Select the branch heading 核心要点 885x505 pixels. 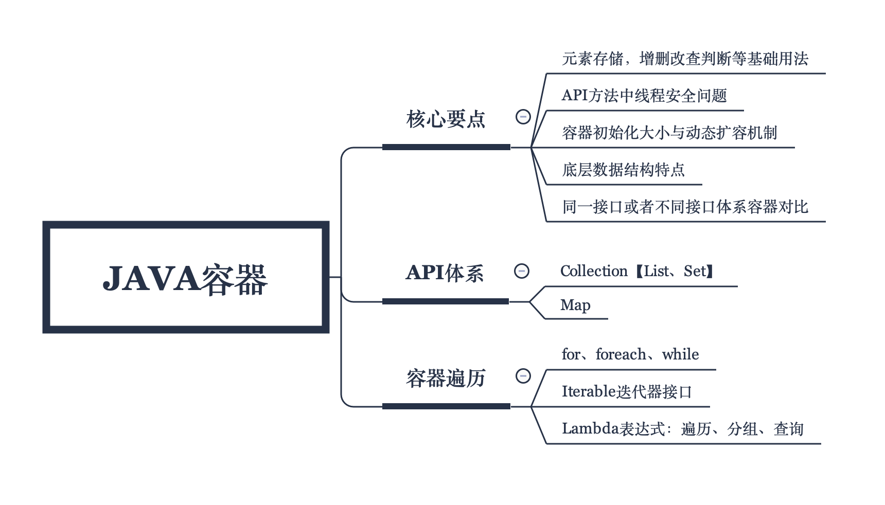click(x=446, y=119)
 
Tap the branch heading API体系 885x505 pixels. click(x=445, y=273)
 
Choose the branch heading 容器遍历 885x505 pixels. click(x=446, y=378)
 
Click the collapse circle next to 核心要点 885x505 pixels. click(x=523, y=117)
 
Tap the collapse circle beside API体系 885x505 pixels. click(x=522, y=271)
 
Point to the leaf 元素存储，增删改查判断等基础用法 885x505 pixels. click(x=685, y=59)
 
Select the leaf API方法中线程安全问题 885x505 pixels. click(x=644, y=96)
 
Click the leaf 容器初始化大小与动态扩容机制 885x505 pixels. click(x=669, y=133)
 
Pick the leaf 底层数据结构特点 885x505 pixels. click(x=623, y=170)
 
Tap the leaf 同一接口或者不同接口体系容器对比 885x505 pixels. click(x=685, y=207)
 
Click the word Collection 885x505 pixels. click(x=594, y=271)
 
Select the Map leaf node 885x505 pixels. click(x=575, y=305)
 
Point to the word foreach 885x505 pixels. click(x=621, y=354)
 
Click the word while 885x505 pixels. click(x=680, y=354)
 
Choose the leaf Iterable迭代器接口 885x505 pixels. click(x=627, y=392)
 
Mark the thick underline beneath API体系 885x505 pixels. click(x=446, y=301)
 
